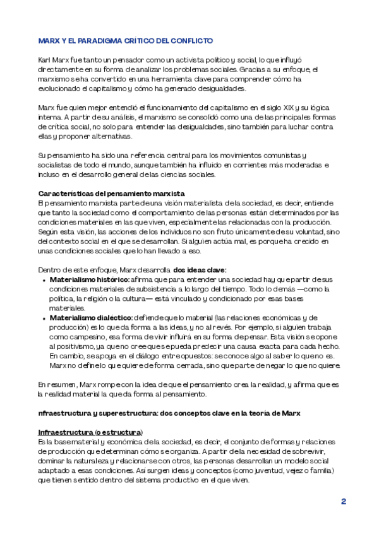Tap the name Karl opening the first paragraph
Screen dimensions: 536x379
tap(45, 59)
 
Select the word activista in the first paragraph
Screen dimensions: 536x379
tap(176, 59)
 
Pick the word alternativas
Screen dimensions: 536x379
tap(111, 136)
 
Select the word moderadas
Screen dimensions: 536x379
tap(302, 165)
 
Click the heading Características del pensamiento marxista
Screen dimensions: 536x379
tap(111, 192)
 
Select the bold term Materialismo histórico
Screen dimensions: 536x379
tap(89, 279)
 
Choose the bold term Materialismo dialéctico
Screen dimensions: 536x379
tap(90, 317)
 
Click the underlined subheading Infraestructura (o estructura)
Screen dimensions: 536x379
tap(90, 432)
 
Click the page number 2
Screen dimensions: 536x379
tap(344, 501)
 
